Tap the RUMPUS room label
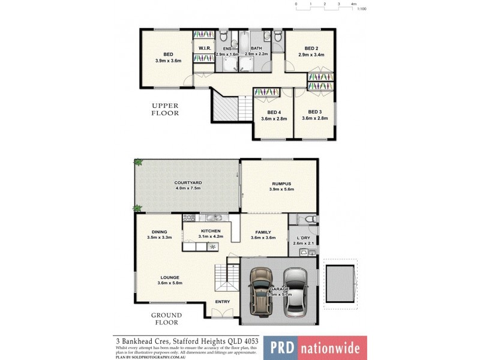click(280, 184)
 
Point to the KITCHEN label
click(211, 230)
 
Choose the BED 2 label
click(311, 49)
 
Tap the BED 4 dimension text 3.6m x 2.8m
click(274, 119)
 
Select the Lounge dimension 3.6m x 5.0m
click(169, 283)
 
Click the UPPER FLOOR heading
click(165, 109)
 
